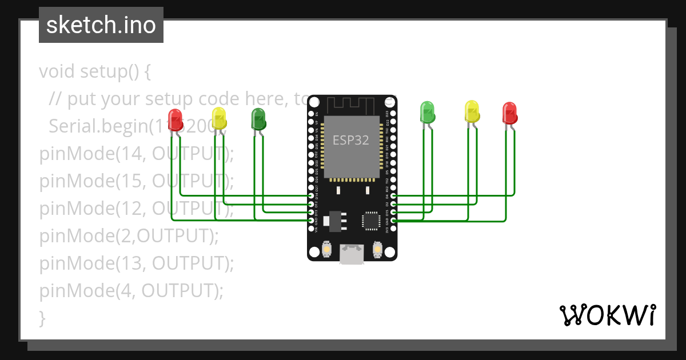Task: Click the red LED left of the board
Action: (176, 118)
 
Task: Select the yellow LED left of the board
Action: (219, 118)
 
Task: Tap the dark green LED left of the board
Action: (258, 118)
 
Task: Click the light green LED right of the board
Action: (427, 112)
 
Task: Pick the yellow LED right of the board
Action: (472, 111)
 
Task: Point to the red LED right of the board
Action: (509, 113)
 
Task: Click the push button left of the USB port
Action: (326, 250)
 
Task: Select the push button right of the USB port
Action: (377, 250)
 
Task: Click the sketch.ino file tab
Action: (101, 25)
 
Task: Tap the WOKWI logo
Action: (607, 315)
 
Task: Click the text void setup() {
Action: (95, 71)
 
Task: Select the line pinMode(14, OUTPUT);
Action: (136, 154)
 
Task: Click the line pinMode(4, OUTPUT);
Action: (131, 291)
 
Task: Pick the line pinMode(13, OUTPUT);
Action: (136, 263)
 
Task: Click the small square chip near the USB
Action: (370, 220)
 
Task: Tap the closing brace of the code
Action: (42, 318)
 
